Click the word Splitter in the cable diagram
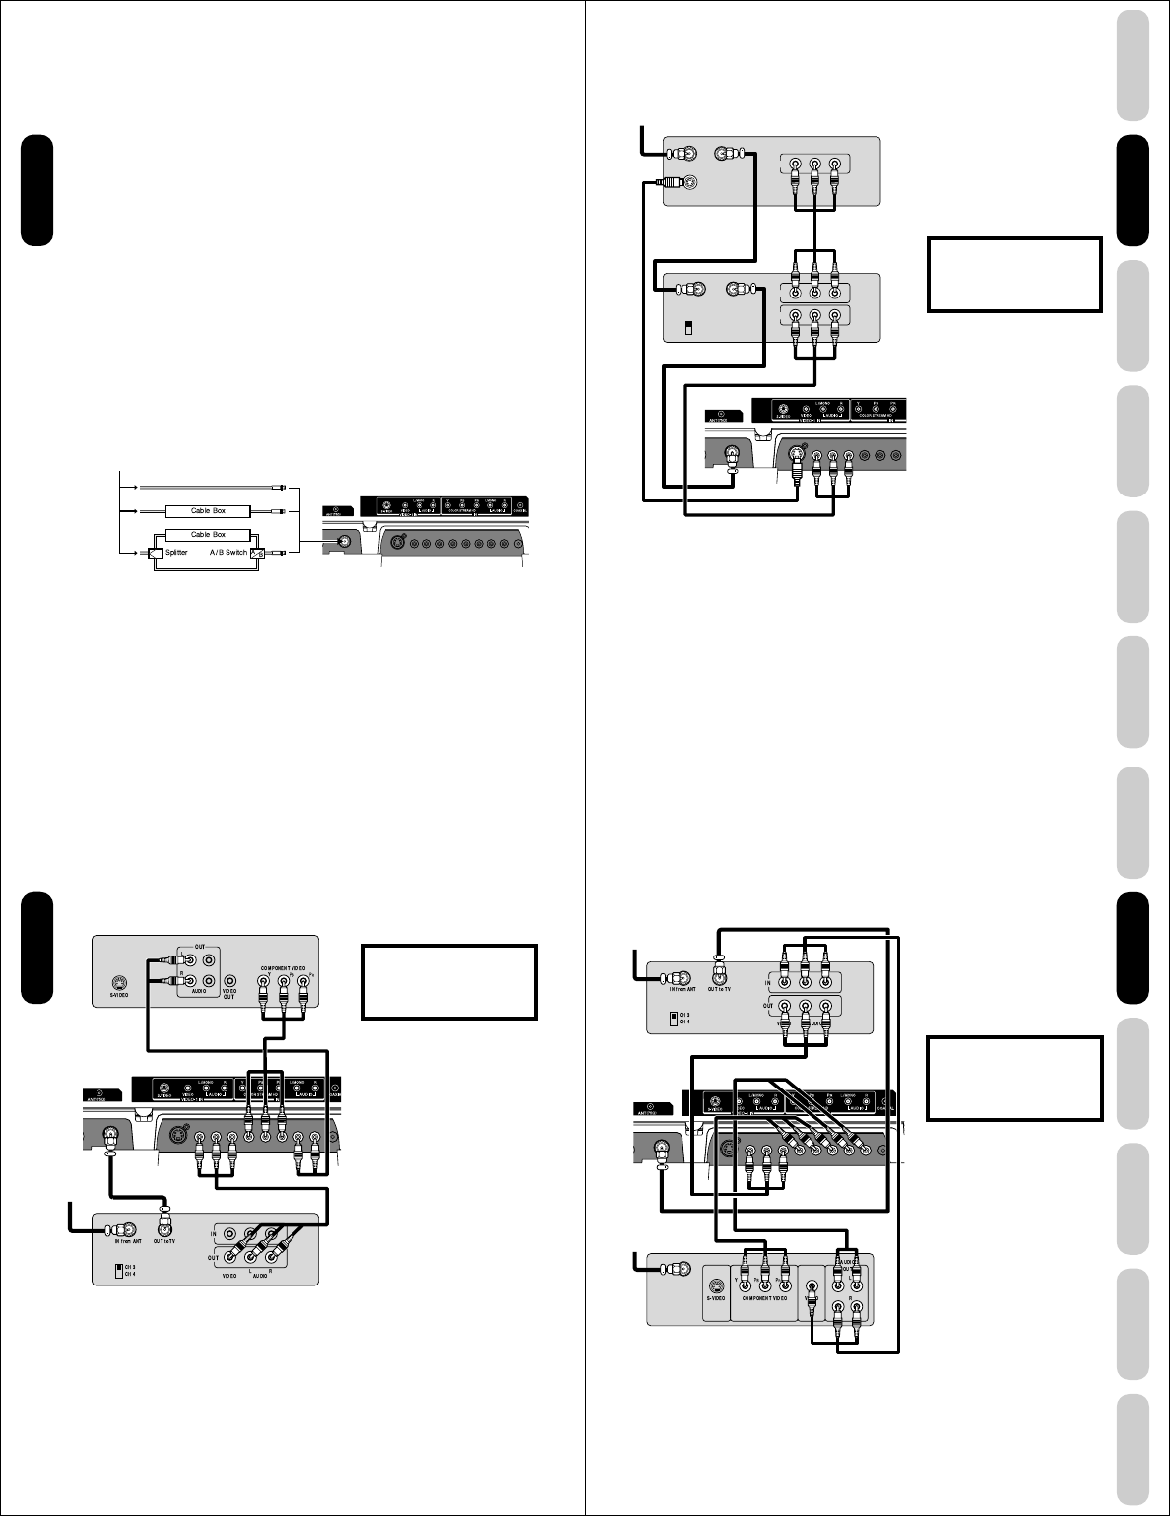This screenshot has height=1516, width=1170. pyautogui.click(x=176, y=553)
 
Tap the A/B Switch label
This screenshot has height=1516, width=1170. pyautogui.click(x=227, y=553)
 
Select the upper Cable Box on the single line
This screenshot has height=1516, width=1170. pyautogui.click(x=208, y=511)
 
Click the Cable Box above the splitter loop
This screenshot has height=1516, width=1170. pyautogui.click(x=208, y=535)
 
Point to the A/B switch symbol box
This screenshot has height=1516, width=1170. pyautogui.click(x=258, y=554)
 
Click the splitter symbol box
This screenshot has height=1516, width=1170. pyautogui.click(x=156, y=554)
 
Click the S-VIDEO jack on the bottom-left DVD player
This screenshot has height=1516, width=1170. pyautogui.click(x=118, y=982)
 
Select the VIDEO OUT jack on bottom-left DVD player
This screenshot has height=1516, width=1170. pyautogui.click(x=229, y=981)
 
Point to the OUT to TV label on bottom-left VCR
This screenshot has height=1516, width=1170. pyautogui.click(x=165, y=1242)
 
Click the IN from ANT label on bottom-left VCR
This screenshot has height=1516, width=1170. pyautogui.click(x=123, y=1242)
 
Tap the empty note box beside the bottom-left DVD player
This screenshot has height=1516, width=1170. pyautogui.click(x=449, y=981)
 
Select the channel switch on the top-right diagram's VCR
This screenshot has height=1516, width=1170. pyautogui.click(x=688, y=327)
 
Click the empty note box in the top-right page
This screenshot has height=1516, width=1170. pyautogui.click(x=1013, y=274)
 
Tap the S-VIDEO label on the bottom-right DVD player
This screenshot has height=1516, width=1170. pyautogui.click(x=716, y=1298)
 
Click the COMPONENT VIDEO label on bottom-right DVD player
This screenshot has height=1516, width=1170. pyautogui.click(x=764, y=1298)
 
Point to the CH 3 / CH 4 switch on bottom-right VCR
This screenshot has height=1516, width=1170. pyautogui.click(x=674, y=1018)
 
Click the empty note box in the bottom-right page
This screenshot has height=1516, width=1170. pyautogui.click(x=1013, y=1078)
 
